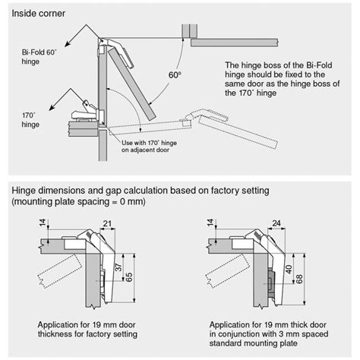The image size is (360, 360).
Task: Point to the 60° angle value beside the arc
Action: [x=175, y=76]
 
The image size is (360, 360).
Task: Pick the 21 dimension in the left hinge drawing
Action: [x=106, y=222]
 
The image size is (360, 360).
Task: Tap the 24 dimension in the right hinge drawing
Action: [x=276, y=222]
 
